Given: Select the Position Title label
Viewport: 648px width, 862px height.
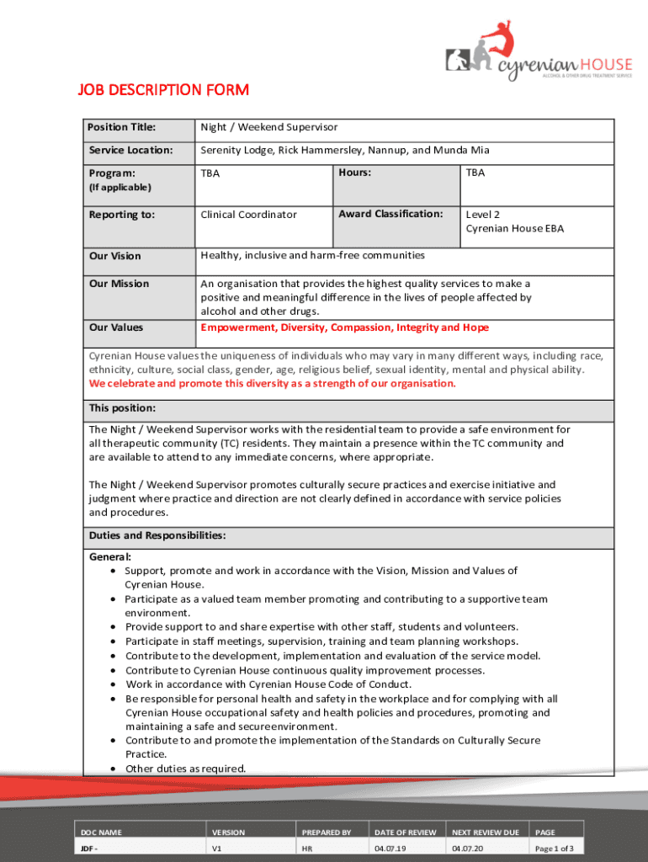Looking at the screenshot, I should click(x=122, y=127).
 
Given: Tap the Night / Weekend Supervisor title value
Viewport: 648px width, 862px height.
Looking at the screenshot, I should click(x=268, y=127).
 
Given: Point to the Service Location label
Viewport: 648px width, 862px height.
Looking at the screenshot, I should click(x=130, y=150).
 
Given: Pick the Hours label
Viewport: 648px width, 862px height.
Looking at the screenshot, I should click(x=355, y=172).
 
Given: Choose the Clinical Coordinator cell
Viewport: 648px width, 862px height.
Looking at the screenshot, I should click(x=248, y=215).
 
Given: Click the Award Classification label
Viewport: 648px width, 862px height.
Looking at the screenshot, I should click(x=390, y=214).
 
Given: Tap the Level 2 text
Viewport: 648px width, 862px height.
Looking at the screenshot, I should click(x=483, y=215).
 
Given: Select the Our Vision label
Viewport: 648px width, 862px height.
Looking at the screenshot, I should click(x=115, y=256).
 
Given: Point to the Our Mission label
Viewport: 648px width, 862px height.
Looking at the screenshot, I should click(x=119, y=284).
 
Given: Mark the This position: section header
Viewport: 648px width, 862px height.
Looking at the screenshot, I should click(x=122, y=408).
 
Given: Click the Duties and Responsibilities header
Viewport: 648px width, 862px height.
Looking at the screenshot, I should click(x=157, y=535).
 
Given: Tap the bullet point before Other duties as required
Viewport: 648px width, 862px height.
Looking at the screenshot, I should click(x=113, y=769).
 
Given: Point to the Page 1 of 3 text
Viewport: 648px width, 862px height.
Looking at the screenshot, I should click(x=555, y=849).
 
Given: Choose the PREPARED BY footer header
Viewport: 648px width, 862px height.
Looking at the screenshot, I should click(x=327, y=833).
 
